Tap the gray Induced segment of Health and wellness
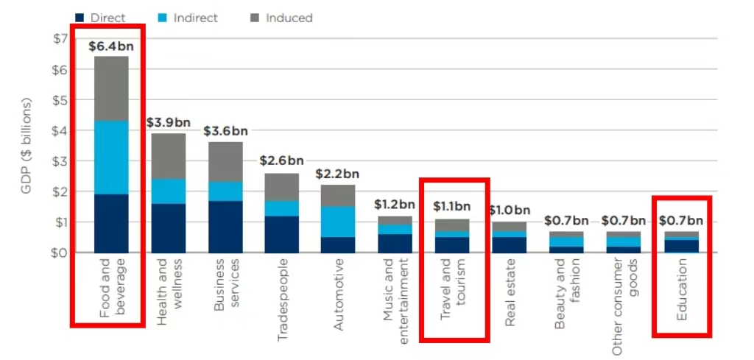(x=169, y=156)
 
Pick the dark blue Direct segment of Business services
(x=225, y=227)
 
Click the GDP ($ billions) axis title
(x=27, y=146)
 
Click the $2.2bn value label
(x=337, y=174)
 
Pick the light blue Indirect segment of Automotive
(x=339, y=222)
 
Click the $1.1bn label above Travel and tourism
(x=452, y=207)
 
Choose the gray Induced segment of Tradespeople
(x=282, y=187)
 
